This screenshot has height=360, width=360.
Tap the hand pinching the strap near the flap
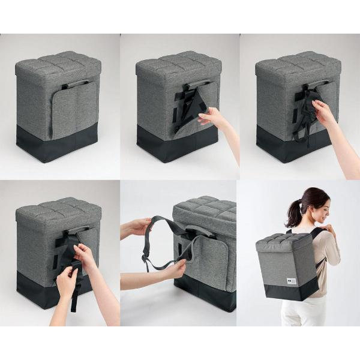(x=174, y=268)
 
